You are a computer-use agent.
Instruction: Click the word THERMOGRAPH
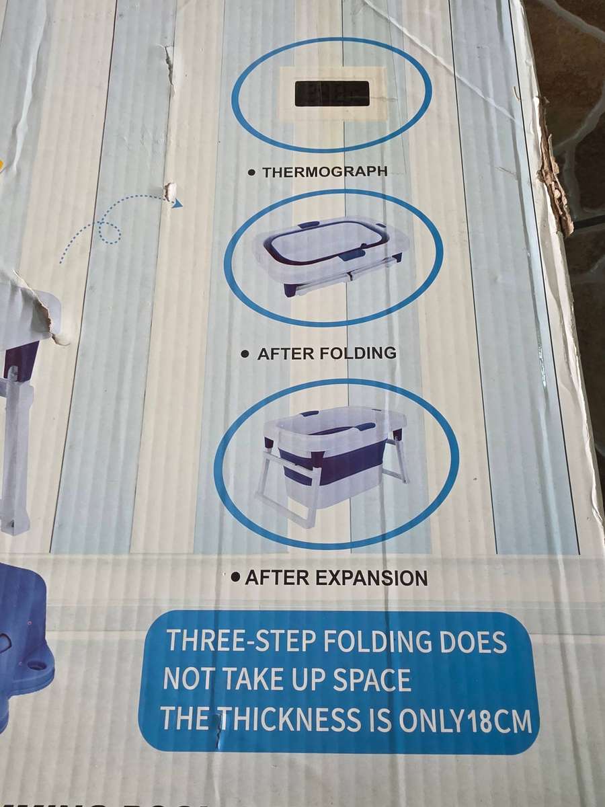[x=325, y=171]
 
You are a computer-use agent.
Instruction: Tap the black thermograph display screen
[x=332, y=94]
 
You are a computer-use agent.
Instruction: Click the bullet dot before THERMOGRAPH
[x=251, y=173]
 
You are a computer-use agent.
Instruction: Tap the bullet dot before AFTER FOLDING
[x=246, y=354]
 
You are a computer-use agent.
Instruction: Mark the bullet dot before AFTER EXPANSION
[x=235, y=577]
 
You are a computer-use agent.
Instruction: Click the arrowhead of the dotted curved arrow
[x=177, y=202]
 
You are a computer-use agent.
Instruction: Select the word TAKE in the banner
[x=256, y=681]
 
